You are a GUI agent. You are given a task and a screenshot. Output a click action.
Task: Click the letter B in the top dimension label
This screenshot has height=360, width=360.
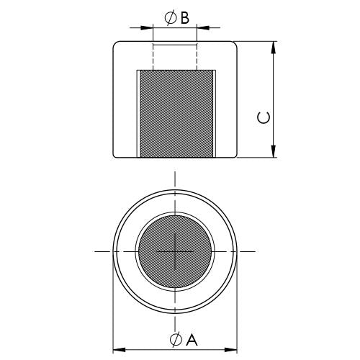(185, 18)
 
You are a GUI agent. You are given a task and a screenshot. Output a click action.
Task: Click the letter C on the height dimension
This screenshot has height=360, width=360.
(264, 117)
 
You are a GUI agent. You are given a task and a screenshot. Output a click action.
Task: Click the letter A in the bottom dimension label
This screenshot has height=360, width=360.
(192, 340)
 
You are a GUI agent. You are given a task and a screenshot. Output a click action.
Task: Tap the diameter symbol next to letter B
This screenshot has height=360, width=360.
(171, 18)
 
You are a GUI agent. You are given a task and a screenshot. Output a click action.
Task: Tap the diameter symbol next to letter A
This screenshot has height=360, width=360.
(176, 340)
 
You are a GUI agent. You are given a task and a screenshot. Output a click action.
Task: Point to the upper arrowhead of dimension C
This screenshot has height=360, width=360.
(273, 48)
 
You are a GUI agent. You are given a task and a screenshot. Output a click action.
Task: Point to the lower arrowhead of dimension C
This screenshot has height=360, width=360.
(273, 151)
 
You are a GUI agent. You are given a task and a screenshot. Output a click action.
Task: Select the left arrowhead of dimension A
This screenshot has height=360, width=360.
(119, 349)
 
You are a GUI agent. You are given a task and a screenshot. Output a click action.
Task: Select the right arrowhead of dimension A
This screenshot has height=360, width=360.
(231, 349)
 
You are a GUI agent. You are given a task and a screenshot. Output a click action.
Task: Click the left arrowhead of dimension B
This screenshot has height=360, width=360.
(147, 27)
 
